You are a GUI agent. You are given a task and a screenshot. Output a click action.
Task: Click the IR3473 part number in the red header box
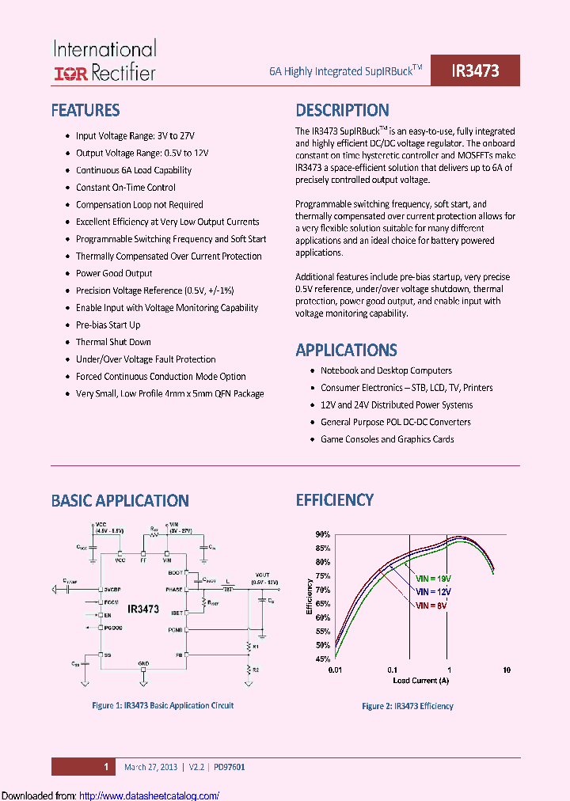coord(475,70)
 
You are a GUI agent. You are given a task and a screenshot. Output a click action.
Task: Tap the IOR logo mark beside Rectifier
coord(70,74)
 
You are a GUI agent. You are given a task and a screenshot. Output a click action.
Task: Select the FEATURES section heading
coord(85,111)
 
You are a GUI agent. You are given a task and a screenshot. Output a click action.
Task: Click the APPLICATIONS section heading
coord(346,350)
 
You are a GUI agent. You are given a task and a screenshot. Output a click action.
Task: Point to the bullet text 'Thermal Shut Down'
coord(113,342)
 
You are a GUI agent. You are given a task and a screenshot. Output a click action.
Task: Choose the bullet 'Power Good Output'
coord(114,273)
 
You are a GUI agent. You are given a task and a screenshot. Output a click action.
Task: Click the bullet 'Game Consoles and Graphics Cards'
coord(387,439)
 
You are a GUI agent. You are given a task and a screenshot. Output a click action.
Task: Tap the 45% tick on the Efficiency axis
coord(322,659)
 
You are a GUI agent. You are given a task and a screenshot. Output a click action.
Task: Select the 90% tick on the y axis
coord(322,534)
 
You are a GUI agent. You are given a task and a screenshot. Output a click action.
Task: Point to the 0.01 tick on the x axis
coord(335,670)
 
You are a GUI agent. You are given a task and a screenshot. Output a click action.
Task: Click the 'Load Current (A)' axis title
coord(420,680)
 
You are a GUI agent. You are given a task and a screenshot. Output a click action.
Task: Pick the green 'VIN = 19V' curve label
coord(435,578)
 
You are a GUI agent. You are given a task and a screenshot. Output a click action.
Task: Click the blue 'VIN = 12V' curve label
coord(435,591)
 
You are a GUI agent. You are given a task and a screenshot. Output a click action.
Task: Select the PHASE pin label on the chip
coord(175,590)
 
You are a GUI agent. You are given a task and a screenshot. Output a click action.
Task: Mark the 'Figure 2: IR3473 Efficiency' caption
coord(408,706)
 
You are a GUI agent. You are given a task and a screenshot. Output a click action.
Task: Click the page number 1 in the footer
coord(105,766)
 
